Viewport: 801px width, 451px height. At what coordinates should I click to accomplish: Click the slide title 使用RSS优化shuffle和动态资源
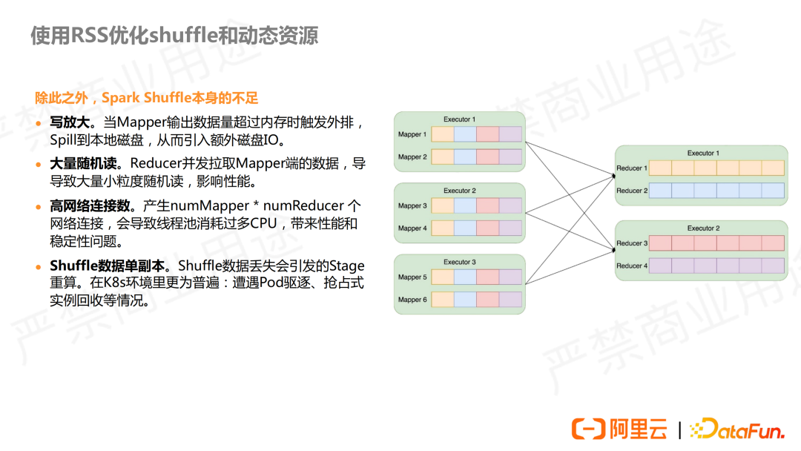(x=174, y=36)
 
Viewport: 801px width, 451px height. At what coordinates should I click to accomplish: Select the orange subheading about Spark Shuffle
(x=147, y=98)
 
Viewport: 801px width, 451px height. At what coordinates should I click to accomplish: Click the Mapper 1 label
(x=412, y=134)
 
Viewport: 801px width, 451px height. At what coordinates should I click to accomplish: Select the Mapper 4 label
(x=412, y=228)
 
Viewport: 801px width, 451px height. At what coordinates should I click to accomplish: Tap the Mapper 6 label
(x=412, y=300)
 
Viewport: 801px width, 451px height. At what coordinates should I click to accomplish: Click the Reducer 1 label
(x=632, y=168)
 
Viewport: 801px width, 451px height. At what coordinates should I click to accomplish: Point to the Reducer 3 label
(x=632, y=243)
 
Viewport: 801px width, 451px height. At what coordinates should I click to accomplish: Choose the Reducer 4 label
(x=632, y=266)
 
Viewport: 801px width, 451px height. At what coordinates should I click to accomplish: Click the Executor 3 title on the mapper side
(x=459, y=262)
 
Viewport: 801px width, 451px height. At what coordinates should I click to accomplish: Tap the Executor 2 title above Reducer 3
(x=700, y=228)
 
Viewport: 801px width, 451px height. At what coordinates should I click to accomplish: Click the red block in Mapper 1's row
(x=487, y=134)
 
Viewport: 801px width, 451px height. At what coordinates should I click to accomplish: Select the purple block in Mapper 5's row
(x=510, y=277)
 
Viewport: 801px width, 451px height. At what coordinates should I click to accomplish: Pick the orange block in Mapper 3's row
(x=442, y=205)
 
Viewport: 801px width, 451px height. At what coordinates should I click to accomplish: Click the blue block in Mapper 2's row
(x=465, y=157)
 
